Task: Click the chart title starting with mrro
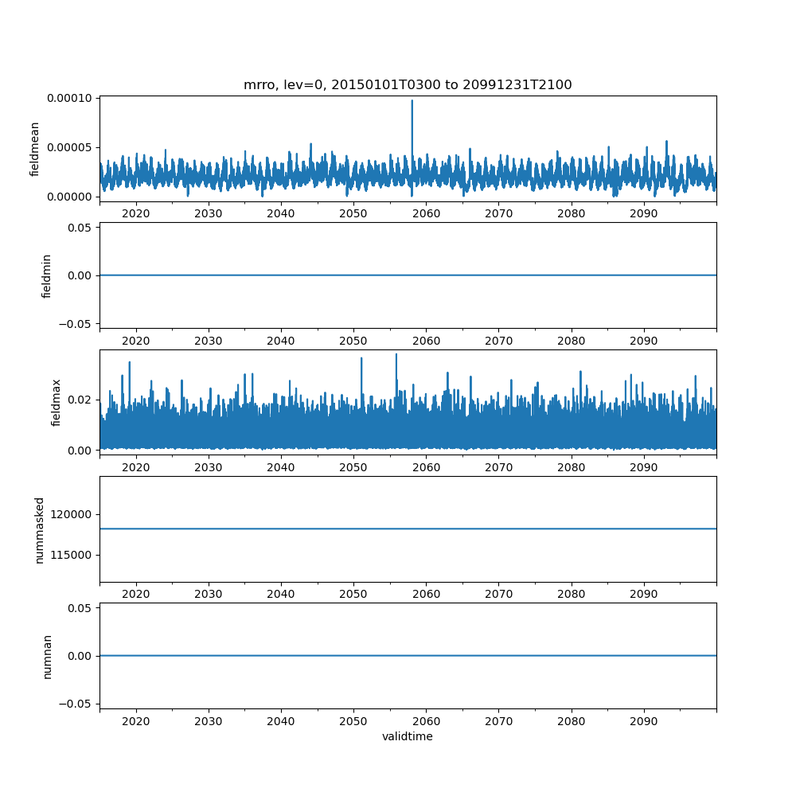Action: click(408, 85)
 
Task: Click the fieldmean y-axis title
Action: click(34, 150)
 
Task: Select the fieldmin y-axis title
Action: click(46, 276)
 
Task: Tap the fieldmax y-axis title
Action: click(56, 403)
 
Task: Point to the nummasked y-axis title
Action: click(40, 530)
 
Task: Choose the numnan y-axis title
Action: click(47, 657)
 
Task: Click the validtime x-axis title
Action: click(408, 736)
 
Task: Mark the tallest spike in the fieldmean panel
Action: click(412, 100)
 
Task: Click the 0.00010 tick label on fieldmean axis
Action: click(69, 99)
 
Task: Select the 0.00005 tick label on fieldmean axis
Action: click(69, 148)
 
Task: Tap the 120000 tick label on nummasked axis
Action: click(71, 515)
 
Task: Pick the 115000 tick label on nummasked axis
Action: click(71, 556)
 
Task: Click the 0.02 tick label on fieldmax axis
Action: click(80, 400)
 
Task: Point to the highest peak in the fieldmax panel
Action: click(396, 354)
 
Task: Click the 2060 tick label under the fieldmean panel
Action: click(426, 213)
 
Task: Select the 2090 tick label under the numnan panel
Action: click(644, 721)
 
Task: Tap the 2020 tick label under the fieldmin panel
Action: click(136, 341)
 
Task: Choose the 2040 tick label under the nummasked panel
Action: click(281, 594)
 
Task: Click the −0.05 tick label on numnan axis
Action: click(76, 704)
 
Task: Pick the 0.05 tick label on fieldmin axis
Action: click(80, 228)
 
